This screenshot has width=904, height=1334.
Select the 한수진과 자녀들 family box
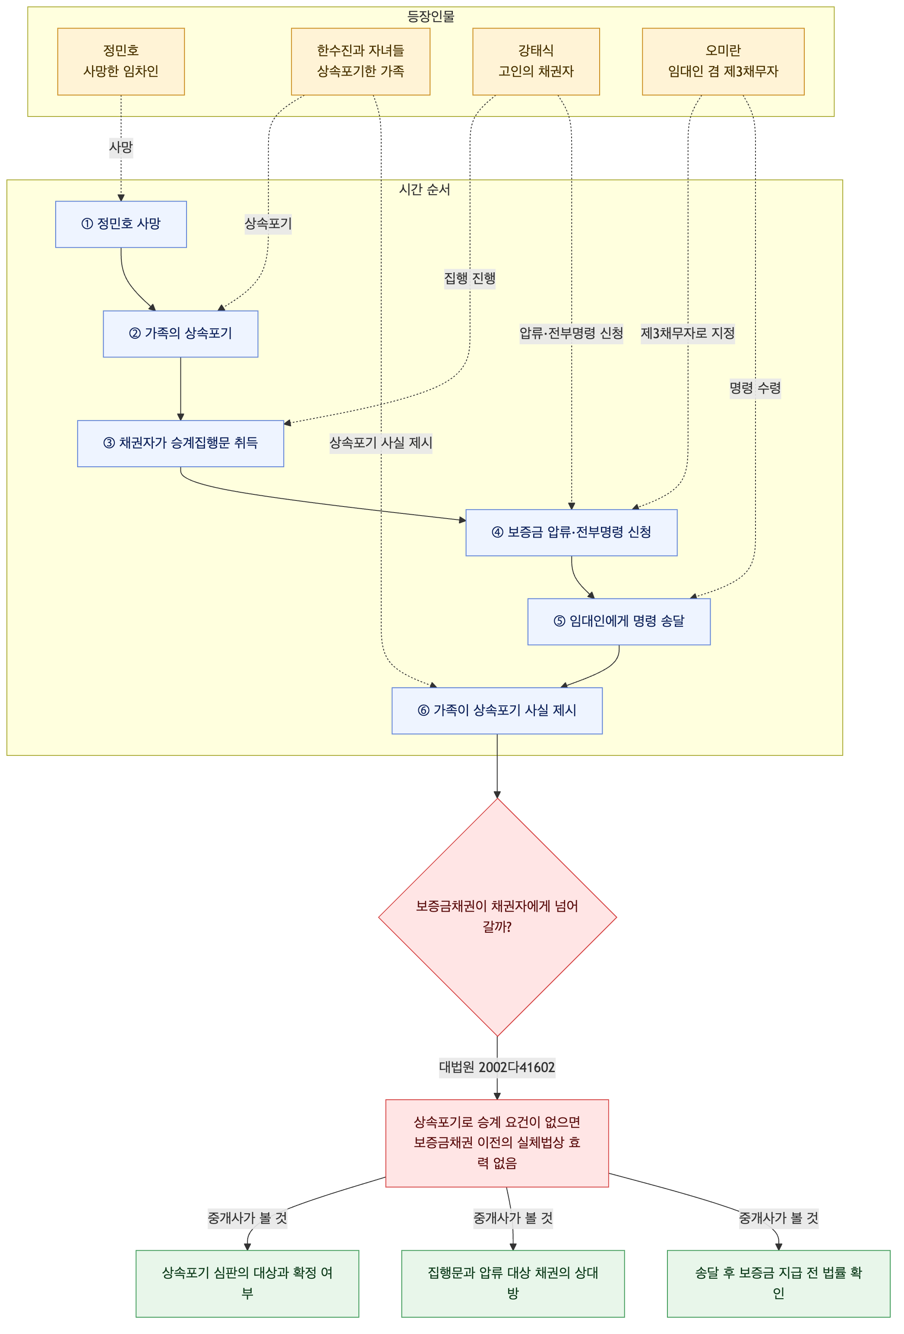[x=360, y=61]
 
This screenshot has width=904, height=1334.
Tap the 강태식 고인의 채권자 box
[x=536, y=61]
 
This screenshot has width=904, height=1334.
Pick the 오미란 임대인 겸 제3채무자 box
[x=723, y=61]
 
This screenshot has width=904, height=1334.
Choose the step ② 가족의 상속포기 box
[x=180, y=334]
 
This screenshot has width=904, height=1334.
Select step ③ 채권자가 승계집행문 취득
[x=180, y=444]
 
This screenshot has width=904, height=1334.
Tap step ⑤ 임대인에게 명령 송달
[x=619, y=622]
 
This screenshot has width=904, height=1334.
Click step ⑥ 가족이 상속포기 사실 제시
[x=497, y=711]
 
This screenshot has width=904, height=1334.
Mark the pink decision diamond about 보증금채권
[x=497, y=917]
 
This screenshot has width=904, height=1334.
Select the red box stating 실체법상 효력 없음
[x=497, y=1143]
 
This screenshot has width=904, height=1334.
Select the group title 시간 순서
[x=425, y=190]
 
